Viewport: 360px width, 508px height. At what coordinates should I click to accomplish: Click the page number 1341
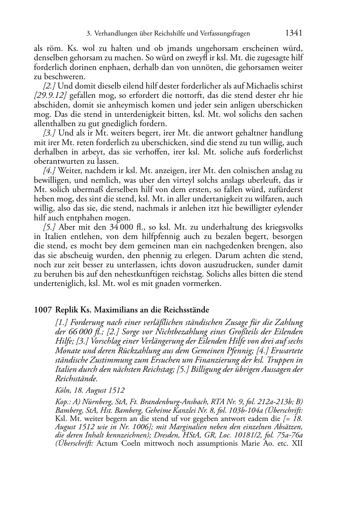[x=294, y=33]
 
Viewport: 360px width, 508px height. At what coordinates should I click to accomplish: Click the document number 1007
[x=43, y=310]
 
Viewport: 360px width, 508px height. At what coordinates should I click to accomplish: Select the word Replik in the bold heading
[x=67, y=310]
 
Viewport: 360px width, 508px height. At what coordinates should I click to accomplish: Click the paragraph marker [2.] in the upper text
[x=49, y=86]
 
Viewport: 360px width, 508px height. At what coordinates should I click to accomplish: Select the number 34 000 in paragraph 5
[x=108, y=227]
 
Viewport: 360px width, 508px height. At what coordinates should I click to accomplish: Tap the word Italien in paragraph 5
[x=55, y=237]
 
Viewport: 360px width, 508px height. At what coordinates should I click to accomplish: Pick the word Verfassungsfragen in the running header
[x=224, y=34]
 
